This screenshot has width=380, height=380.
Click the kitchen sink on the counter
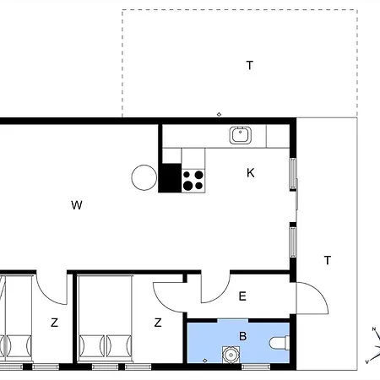coord(241,135)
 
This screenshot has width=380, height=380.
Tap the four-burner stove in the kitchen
coord(193,181)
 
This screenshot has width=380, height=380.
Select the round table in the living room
coord(144,177)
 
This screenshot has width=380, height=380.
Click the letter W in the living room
coord(77,205)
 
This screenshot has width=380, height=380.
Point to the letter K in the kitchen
coord(251,173)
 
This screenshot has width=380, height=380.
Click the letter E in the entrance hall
coord(242,296)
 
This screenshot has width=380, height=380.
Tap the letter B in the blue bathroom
coord(242,336)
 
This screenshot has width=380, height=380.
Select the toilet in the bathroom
coord(280,343)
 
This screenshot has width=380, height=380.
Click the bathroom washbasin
coord(231,355)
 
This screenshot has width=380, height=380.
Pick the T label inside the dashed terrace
coord(250,65)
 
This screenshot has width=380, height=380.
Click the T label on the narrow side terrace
coord(328,260)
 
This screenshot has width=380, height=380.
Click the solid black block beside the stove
coord(170,178)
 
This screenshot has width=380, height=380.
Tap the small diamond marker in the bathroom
coord(205,361)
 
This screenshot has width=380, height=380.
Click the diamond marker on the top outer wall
coord(219,114)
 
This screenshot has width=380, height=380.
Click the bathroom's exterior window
coord(256,366)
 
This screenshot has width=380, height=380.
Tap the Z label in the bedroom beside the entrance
coord(158,323)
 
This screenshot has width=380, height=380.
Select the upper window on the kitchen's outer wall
coord(293,173)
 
